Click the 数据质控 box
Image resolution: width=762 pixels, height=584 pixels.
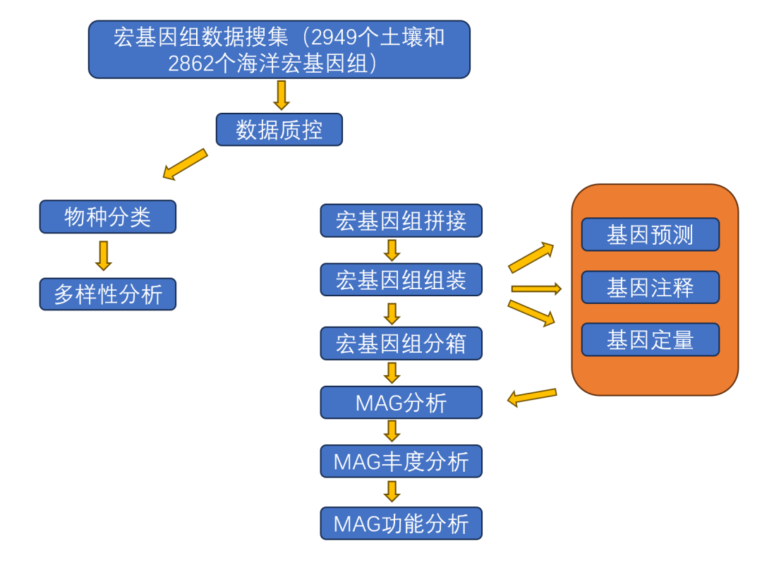(279, 130)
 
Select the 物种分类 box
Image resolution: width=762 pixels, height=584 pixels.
(108, 217)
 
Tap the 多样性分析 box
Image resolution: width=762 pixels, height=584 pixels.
(108, 294)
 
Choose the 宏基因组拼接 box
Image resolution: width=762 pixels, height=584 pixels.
(401, 221)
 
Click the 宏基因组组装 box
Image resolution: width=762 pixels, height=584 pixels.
(401, 280)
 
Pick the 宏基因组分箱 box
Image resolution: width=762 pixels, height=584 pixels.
(401, 343)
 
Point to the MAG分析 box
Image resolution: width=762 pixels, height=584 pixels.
(401, 402)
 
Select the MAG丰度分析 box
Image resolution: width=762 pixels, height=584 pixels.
(401, 461)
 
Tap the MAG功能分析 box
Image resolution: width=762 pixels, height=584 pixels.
(401, 523)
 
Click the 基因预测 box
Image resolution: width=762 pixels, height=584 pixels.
(651, 235)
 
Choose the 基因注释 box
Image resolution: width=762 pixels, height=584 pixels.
(651, 287)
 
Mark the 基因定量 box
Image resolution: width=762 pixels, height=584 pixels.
(651, 340)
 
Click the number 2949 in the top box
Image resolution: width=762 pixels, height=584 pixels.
(334, 37)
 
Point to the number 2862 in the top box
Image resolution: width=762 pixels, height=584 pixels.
(191, 63)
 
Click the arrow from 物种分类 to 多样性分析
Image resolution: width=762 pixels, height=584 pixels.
(104, 255)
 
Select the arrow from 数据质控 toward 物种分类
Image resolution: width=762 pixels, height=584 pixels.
(185, 164)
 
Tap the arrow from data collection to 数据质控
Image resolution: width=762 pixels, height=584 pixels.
(282, 95)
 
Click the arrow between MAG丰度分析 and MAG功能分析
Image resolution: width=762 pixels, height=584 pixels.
(392, 492)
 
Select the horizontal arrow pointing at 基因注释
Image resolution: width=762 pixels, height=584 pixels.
(536, 289)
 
